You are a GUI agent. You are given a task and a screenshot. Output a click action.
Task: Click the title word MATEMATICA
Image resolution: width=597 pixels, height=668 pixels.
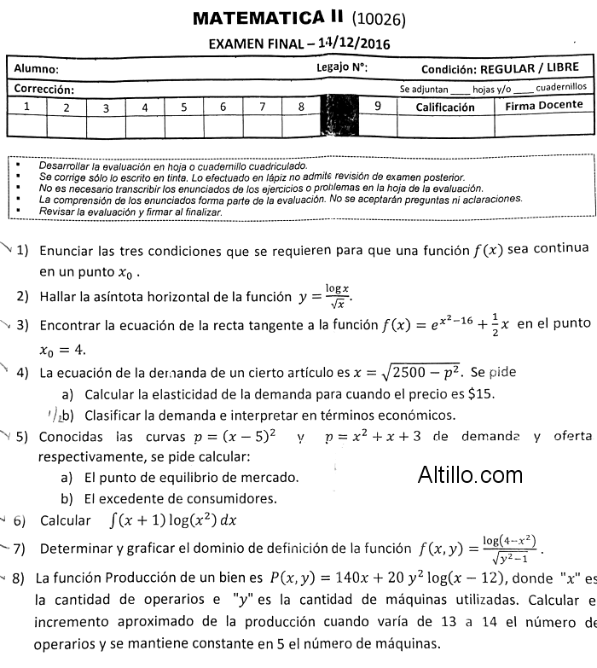point(247,17)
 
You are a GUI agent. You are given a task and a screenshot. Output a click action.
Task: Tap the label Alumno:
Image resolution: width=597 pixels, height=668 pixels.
point(37,69)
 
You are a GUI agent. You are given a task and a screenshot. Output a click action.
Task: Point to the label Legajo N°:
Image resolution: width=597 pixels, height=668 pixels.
point(341,67)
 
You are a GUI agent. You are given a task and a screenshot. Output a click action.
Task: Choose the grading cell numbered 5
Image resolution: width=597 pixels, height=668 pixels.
point(183,107)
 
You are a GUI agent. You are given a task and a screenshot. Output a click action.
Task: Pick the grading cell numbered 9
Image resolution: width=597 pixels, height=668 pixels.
point(377,107)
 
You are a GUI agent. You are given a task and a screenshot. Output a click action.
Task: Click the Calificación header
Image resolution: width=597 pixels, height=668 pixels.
point(444,107)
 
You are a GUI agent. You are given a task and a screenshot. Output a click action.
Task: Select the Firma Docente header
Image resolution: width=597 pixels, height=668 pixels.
point(543,107)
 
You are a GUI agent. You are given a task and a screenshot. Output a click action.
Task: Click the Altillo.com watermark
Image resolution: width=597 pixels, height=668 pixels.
point(470,474)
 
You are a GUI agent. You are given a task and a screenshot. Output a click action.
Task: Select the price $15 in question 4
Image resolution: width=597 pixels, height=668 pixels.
point(483,394)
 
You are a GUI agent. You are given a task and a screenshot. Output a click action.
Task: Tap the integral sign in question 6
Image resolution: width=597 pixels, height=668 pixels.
point(113,520)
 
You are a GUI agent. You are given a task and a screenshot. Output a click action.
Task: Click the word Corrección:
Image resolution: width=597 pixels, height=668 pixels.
point(43,89)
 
